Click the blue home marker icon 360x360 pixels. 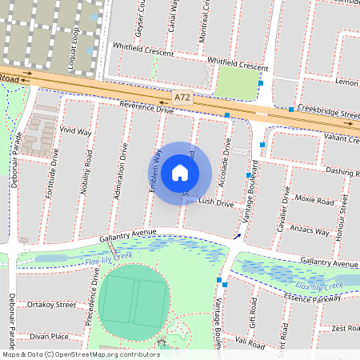point(180,173)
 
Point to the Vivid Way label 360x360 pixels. point(75,130)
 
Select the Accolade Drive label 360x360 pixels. point(228,156)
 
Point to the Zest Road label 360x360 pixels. point(346,328)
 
